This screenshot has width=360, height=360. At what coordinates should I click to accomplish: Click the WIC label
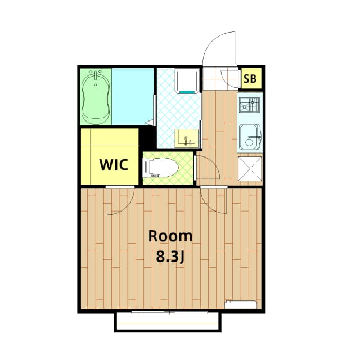coord(114,164)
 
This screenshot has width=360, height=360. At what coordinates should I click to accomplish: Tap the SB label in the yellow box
coord(250,79)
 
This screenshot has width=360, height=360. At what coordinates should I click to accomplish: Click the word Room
coord(170,236)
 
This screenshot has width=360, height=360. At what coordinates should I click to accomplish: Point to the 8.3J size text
coord(170,256)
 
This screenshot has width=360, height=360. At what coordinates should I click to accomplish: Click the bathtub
coord(96,97)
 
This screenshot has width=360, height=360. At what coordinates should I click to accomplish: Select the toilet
coord(161,168)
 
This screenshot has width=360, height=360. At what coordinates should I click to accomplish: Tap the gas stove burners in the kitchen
coord(249,105)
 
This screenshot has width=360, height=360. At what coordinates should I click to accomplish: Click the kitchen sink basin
coord(250,137)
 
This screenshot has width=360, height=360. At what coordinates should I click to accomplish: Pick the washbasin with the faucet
coord(187,138)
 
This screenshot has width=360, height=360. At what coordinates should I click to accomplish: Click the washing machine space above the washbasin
coord(187,80)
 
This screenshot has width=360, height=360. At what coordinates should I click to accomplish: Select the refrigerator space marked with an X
coord(250,169)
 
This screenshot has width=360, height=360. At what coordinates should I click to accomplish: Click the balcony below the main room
coord(168,322)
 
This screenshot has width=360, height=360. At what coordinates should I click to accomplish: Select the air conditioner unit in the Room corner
coord(241,304)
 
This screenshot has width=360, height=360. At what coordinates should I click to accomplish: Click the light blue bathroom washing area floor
coord(133,97)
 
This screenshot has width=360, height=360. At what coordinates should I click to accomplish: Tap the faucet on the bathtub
coord(96,76)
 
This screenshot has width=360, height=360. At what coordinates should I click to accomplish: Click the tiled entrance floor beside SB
coord(220,78)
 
